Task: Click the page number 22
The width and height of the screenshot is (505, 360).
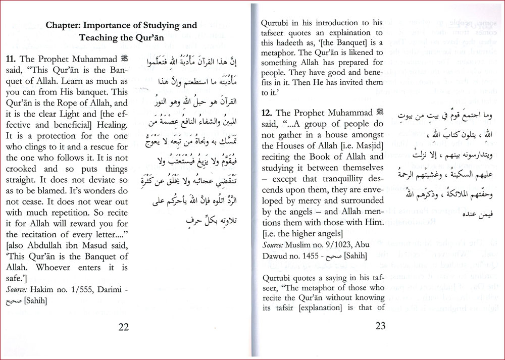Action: point(123,326)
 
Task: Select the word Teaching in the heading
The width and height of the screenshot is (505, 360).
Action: point(99,37)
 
